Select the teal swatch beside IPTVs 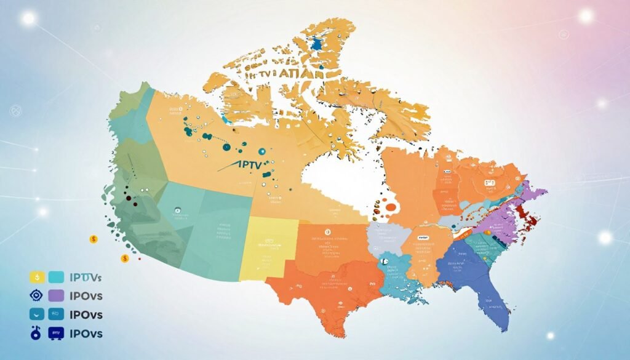coord(57,277)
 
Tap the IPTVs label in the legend coord(87,277)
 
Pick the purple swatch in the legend coord(57,295)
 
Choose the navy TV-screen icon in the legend coord(57,333)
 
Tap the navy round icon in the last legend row coord(36,333)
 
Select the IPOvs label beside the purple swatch coord(86,296)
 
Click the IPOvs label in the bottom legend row coord(86,334)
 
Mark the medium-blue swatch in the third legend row coord(57,314)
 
